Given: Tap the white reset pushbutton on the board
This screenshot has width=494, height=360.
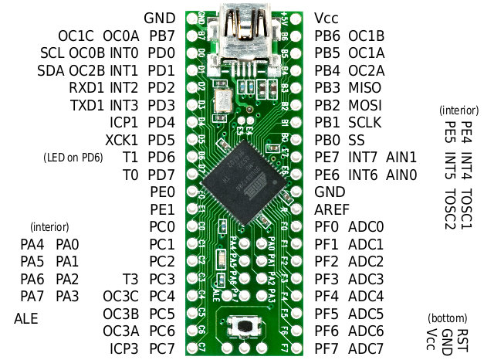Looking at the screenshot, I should pyautogui.click(x=245, y=326).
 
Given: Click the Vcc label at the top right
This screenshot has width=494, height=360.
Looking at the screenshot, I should pyautogui.click(x=327, y=17).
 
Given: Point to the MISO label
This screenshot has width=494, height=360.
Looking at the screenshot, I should pyautogui.click(x=364, y=87).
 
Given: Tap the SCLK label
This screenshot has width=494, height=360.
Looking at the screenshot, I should pyautogui.click(x=364, y=122).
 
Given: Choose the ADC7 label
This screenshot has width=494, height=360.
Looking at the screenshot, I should pyautogui.click(x=365, y=348).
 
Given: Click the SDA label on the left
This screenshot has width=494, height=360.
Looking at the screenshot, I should pyautogui.click(x=51, y=70).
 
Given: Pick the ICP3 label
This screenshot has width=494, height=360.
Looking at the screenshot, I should pyautogui.click(x=123, y=348).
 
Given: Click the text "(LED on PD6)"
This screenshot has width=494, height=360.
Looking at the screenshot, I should pyautogui.click(x=73, y=158).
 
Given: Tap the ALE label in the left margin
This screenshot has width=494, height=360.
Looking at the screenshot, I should pyautogui.click(x=26, y=318).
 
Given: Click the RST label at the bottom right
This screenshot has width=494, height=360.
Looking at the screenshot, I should pyautogui.click(x=462, y=340).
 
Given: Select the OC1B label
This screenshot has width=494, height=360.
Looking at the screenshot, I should pyautogui.click(x=367, y=36).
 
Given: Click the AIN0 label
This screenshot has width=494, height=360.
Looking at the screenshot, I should pyautogui.click(x=401, y=175).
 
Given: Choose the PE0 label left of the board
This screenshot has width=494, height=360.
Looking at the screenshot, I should pyautogui.click(x=162, y=192).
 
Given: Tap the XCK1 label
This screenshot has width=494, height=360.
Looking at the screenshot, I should pyautogui.click(x=123, y=140).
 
